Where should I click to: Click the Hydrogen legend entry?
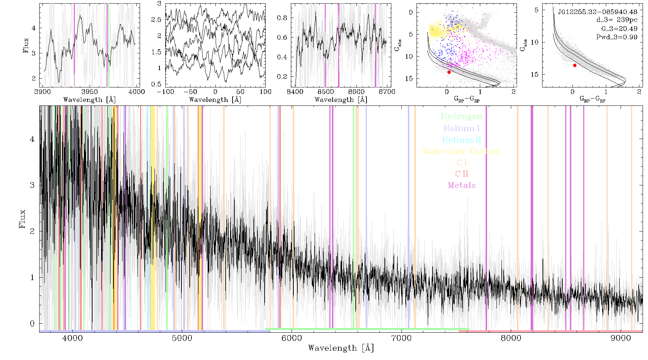pyautogui.click(x=462, y=116)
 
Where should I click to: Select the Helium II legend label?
pyautogui.click(x=462, y=140)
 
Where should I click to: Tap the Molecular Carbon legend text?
pyautogui.click(x=462, y=151)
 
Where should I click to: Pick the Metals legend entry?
pyautogui.click(x=462, y=185)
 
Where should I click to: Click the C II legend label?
pyautogui.click(x=462, y=174)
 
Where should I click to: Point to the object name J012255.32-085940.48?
pyautogui.click(x=598, y=12)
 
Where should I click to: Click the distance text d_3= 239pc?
pyautogui.click(x=617, y=20)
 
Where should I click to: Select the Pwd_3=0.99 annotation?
pyautogui.click(x=617, y=37)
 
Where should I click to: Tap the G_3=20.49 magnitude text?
pyautogui.click(x=619, y=28)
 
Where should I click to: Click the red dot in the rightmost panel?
pyautogui.click(x=575, y=66)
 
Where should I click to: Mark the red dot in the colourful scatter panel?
pyautogui.click(x=449, y=72)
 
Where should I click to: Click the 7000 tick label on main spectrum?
pyautogui.click(x=401, y=338)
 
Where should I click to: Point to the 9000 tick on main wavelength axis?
pyautogui.click(x=621, y=338)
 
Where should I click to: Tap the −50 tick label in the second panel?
pyautogui.click(x=190, y=91)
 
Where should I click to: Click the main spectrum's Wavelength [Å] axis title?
pyautogui.click(x=341, y=348)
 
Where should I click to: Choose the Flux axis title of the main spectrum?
pyautogui.click(x=23, y=219)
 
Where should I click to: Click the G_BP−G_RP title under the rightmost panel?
pyautogui.click(x=592, y=99)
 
